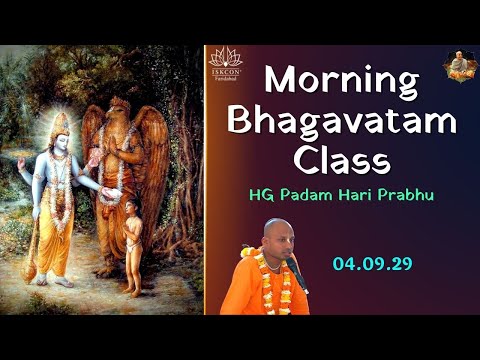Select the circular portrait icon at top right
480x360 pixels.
[x=459, y=66]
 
